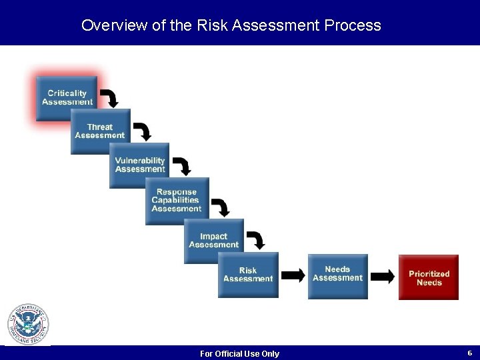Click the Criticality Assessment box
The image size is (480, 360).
[67, 98]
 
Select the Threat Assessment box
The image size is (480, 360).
[100, 131]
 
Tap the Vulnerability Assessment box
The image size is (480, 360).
[139, 165]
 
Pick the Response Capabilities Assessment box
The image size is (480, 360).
[177, 201]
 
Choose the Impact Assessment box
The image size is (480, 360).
[213, 241]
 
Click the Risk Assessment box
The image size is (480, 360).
[248, 275]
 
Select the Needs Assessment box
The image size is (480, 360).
[337, 275]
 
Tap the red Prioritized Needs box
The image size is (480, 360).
[429, 277]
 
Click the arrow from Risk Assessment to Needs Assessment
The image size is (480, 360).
[293, 275]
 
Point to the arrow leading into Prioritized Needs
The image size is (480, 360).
[383, 276]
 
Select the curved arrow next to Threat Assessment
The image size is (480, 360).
[142, 131]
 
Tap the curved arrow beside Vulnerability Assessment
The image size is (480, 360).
[181, 166]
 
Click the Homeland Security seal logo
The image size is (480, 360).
[28, 325]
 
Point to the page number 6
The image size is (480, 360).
[469, 353]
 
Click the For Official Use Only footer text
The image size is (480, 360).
[239, 353]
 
